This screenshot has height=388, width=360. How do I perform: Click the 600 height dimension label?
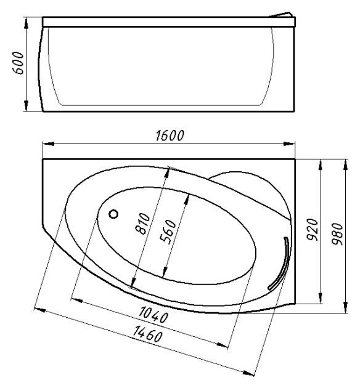click(18, 63)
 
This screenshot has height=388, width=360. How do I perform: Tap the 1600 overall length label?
click(170, 135)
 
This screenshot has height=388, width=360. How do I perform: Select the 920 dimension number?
click(312, 230)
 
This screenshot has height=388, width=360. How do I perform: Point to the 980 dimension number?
click(337, 234)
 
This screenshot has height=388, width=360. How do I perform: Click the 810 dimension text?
click(143, 224)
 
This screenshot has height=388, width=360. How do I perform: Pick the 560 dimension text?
click(168, 232)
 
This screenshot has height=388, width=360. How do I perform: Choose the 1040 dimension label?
click(153, 315)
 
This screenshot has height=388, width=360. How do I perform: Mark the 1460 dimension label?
click(148, 334)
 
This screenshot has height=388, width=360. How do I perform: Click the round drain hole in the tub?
click(113, 214)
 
